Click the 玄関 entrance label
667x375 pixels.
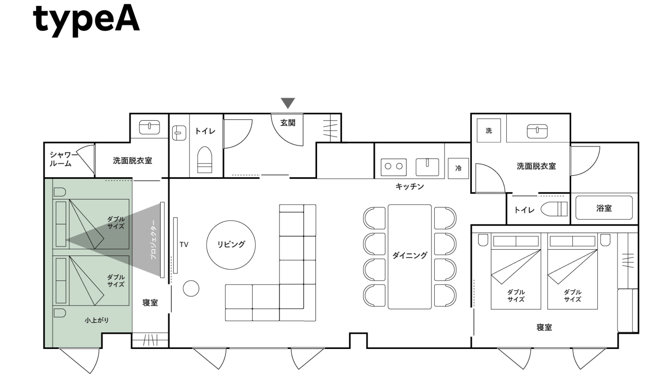(288, 123)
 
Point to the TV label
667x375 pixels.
(184, 245)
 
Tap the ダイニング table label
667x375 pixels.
(410, 256)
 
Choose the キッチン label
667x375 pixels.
(410, 187)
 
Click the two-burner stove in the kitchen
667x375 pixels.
(394, 167)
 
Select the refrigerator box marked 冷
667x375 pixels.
(458, 168)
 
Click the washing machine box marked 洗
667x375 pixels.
(489, 130)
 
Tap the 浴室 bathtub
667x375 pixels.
(604, 208)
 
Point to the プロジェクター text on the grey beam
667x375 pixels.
(153, 240)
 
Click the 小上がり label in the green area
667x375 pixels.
(97, 320)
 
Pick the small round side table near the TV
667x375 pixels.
(191, 288)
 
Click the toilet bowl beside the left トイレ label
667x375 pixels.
(204, 160)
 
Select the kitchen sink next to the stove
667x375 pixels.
(427, 167)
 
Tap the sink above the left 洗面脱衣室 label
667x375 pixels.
(149, 127)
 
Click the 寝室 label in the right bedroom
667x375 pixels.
(544, 328)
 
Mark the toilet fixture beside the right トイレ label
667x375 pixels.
(554, 209)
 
